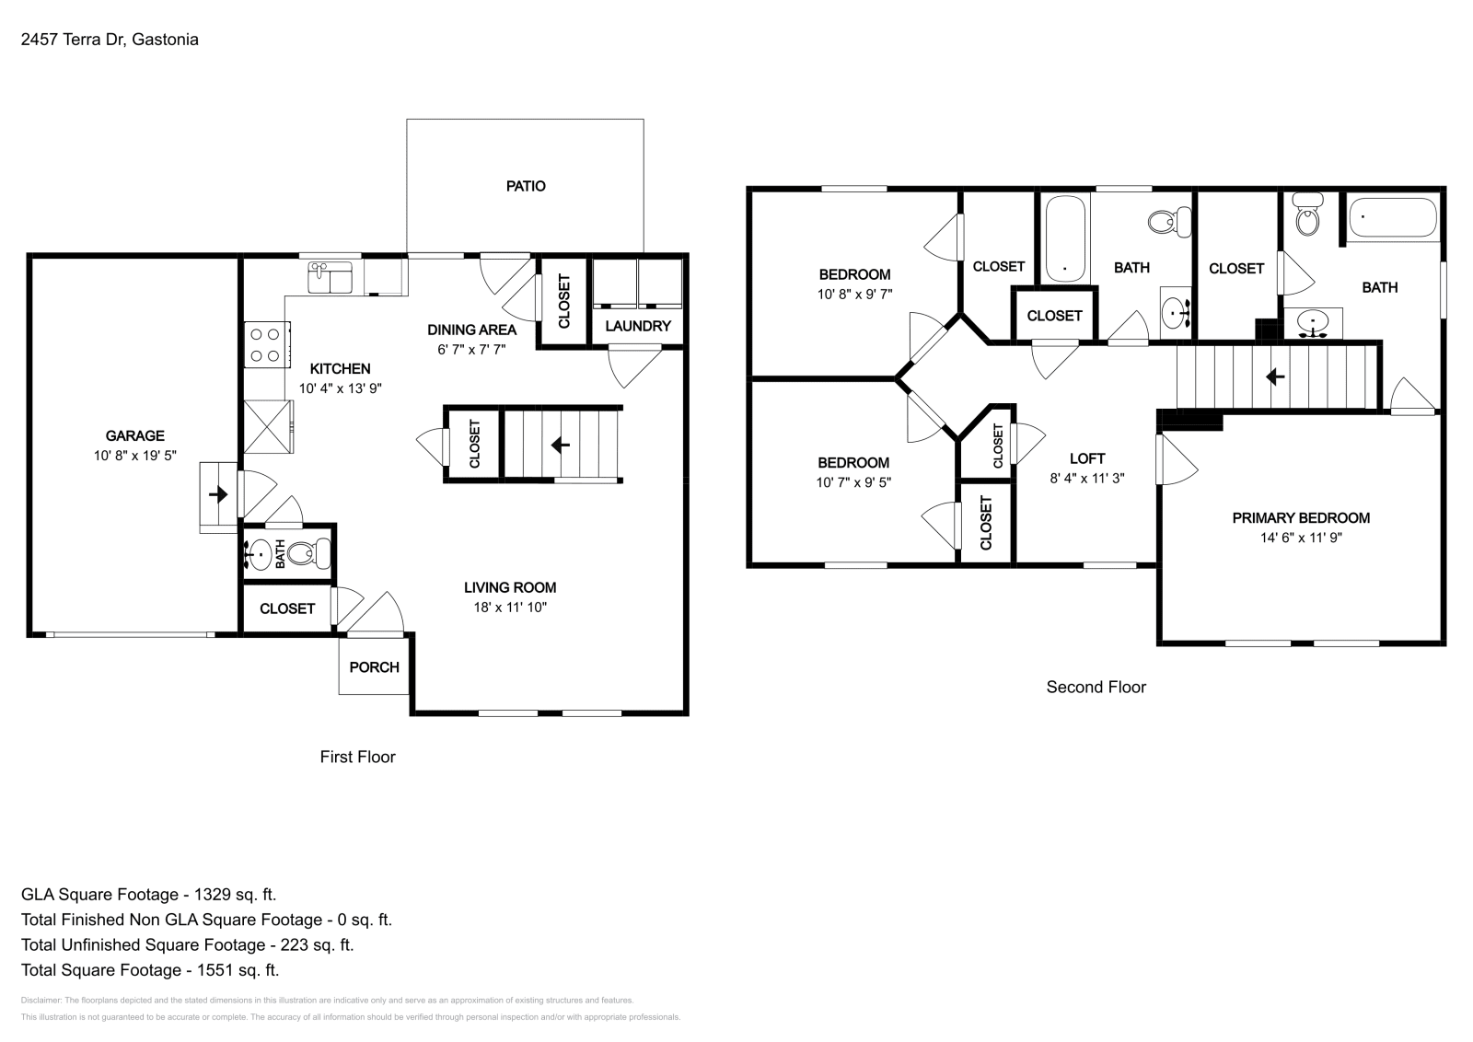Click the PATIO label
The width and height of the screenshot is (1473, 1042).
point(526,186)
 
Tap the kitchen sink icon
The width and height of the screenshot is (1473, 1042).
point(330,277)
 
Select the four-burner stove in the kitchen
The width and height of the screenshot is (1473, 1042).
point(266,345)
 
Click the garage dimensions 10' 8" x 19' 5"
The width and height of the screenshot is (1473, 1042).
point(135,456)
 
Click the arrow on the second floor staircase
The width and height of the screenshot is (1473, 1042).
point(1276,376)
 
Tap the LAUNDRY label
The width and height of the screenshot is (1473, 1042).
point(638,326)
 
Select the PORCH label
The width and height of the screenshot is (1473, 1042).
point(375,666)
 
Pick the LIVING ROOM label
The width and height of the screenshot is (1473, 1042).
point(510,587)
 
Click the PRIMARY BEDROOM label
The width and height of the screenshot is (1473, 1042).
point(1301,518)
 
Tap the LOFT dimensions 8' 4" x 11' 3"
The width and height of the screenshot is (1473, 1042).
point(1087,479)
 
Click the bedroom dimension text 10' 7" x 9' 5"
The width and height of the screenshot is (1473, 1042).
point(853,482)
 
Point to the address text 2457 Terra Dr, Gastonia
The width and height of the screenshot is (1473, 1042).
point(110,40)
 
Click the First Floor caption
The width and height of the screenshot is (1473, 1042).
point(357,757)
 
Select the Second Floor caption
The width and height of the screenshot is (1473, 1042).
point(1096,687)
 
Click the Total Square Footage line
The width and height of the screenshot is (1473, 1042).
point(150,970)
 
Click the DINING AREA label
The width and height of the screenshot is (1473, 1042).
point(471,330)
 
